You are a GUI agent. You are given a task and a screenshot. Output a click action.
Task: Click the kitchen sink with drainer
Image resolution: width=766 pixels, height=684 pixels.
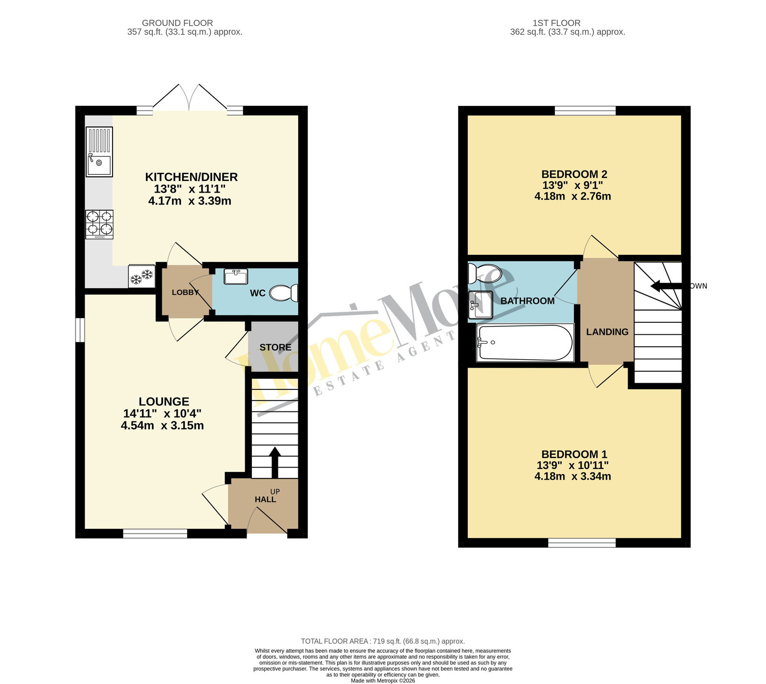99,152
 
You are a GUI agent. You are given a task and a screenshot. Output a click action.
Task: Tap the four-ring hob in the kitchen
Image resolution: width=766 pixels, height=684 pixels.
100,225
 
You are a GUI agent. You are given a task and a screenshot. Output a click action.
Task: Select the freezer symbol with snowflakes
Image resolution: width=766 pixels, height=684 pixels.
141,276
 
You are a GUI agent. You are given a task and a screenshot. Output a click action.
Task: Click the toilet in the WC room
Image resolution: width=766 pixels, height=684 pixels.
283,293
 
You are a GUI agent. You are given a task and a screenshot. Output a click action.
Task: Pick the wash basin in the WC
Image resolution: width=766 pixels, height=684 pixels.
236,276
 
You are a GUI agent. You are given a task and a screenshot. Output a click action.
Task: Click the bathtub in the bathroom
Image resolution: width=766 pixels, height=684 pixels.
525,342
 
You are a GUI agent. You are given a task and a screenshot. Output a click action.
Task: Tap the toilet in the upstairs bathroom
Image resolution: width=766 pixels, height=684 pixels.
484,274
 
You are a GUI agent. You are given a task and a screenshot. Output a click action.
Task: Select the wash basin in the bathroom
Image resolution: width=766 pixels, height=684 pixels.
480,305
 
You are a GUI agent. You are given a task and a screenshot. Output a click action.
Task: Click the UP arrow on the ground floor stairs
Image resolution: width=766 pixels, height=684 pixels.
275,463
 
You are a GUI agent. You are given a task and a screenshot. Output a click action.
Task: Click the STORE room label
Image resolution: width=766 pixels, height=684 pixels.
275,347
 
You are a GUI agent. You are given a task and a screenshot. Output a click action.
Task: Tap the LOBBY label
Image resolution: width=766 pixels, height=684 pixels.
186,292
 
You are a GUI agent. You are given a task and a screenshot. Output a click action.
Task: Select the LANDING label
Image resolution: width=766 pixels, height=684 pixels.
607,331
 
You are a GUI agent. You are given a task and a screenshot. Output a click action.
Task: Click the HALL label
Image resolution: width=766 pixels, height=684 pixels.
265,499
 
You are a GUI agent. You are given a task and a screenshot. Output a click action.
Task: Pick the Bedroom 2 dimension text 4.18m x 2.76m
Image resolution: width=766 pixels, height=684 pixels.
573,196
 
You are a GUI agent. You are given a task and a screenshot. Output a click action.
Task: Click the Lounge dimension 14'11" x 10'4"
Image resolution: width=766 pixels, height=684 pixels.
162,413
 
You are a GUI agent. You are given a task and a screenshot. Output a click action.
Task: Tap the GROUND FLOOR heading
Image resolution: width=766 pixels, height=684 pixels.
178,23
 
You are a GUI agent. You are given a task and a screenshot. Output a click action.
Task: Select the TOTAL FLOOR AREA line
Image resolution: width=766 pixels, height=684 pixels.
383,641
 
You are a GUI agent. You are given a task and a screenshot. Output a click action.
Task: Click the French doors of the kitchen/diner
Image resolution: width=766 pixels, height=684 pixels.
191,98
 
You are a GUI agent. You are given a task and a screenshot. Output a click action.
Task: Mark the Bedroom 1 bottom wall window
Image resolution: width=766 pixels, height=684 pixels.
582,543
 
